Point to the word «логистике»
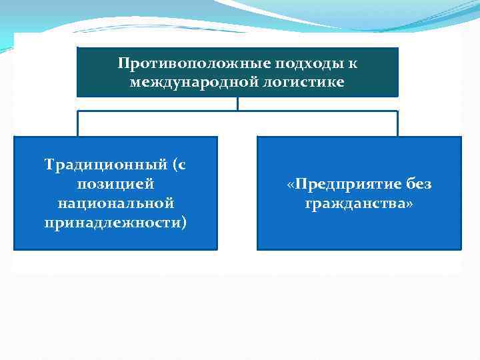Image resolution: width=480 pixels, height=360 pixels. coord(307,82)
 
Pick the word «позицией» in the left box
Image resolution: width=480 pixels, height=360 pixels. coord(116,183)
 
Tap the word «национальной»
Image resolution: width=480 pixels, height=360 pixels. coord(116,202)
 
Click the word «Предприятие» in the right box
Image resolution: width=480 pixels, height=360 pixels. coord(345,184)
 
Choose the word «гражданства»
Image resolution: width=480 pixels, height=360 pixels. coord(355,202)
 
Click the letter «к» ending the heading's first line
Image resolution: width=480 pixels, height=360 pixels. coord(352,64)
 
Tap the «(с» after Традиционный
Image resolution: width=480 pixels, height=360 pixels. coord(178,165)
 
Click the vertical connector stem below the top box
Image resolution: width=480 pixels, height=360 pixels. coord(237,103)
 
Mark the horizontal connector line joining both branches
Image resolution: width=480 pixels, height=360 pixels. coord(237,111)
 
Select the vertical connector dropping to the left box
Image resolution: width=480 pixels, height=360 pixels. coord(78,123)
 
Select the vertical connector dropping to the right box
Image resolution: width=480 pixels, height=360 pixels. coord(397,123)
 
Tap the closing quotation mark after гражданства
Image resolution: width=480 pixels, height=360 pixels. coord(409,203)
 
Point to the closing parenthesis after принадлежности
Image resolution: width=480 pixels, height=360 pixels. coord(184,221)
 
